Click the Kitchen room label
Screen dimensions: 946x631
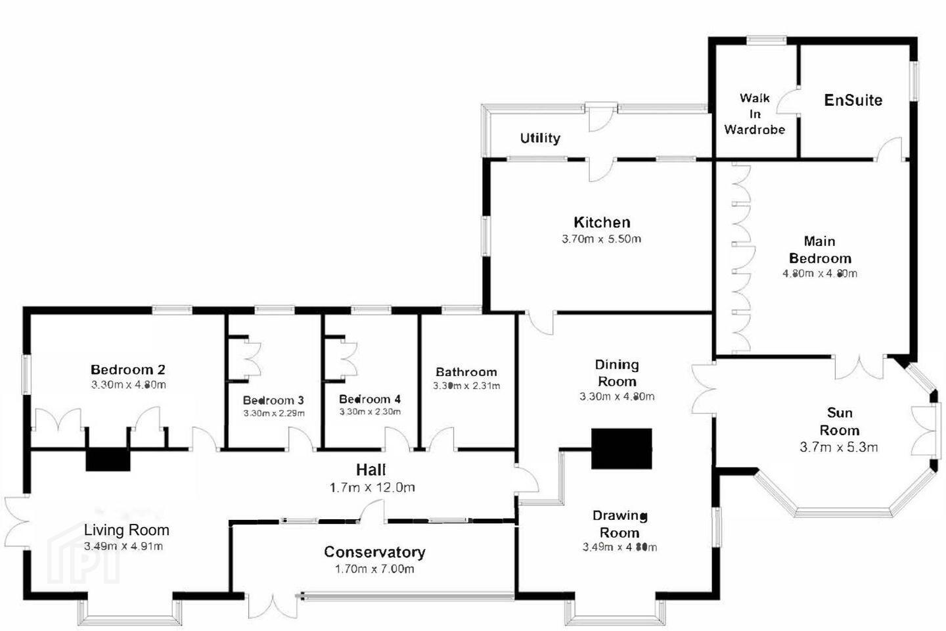tap(602, 222)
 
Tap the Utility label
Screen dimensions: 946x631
tap(540, 138)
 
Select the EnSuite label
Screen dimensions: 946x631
tap(853, 100)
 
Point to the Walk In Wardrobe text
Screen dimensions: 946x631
tap(755, 114)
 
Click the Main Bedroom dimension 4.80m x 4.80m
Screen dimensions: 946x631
tap(820, 273)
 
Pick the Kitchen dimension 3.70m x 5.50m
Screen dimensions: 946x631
tap(601, 239)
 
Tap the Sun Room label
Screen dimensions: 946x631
tap(840, 421)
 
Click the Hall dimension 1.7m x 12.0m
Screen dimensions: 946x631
tap(372, 488)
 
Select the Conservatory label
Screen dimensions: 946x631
tap(374, 552)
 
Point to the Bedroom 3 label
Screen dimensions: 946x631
tap(273, 400)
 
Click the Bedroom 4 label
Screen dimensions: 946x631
tap(370, 399)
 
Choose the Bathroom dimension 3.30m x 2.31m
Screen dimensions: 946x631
tap(466, 386)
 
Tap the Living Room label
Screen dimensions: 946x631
tap(127, 530)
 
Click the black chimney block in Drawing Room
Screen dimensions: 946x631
tap(621, 449)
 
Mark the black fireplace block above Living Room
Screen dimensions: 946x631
tap(108, 460)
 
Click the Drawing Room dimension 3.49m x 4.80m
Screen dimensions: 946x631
tap(619, 548)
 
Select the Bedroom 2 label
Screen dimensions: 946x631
tap(127, 370)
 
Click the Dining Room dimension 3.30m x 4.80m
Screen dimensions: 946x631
tap(617, 396)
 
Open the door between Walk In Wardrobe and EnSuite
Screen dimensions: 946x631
tap(788, 101)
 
